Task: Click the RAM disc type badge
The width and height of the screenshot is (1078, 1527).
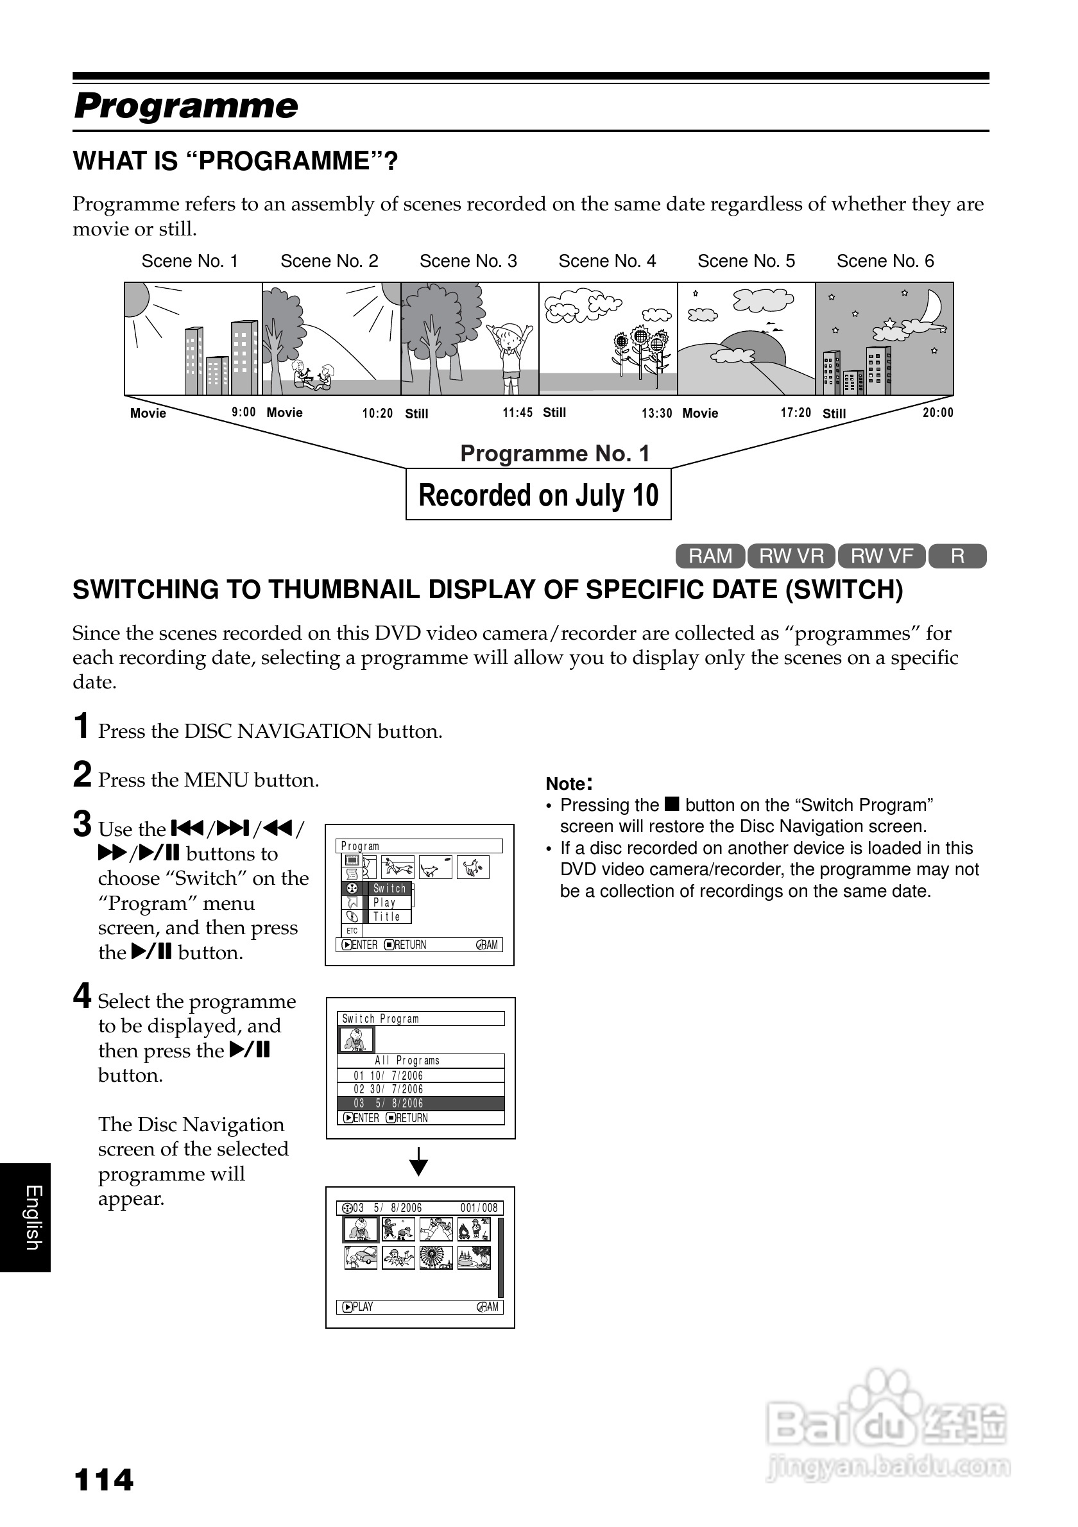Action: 710,556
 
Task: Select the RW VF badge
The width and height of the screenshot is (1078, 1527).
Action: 881,556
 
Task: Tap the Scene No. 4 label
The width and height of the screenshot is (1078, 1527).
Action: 606,261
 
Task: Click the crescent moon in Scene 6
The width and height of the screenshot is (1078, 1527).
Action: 932,307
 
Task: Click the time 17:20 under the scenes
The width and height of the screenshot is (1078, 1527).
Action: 796,413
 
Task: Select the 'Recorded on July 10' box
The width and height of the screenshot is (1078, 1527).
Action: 538,495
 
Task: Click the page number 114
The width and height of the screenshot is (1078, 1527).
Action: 104,1480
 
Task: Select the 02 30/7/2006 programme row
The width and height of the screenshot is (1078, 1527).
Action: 420,1089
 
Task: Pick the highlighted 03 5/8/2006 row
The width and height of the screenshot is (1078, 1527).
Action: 420,1104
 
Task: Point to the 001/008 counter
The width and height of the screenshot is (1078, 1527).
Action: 478,1207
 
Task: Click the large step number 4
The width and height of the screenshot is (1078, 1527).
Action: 81,996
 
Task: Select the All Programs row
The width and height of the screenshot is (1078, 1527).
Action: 420,1061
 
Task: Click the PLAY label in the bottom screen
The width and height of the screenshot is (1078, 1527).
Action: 362,1307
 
